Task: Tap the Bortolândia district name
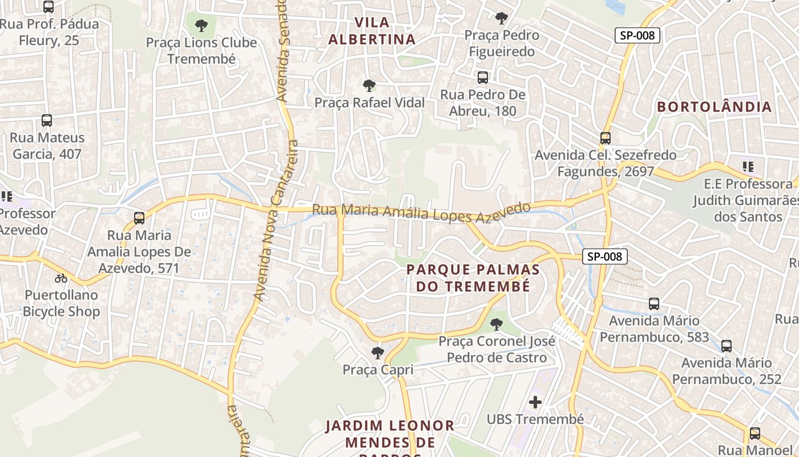[714, 107]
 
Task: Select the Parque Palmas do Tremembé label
[473, 278]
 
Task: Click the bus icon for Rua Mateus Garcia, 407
[47, 121]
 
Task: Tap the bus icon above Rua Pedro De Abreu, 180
[483, 77]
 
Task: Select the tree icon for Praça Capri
[377, 352]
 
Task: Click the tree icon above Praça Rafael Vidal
[369, 86]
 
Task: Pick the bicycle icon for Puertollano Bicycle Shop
[61, 278]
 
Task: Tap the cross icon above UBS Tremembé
[535, 402]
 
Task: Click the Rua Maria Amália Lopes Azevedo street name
[421, 212]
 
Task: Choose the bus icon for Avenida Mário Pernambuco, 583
[654, 304]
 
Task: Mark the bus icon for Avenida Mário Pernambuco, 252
[726, 346]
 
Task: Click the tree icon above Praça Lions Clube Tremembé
[201, 25]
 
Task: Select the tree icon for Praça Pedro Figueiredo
[501, 18]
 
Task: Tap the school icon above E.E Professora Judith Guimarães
[748, 167]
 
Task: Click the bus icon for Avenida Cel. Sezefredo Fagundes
[605, 138]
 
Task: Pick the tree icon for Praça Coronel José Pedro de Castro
[497, 324]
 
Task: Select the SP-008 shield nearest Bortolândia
[637, 35]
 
